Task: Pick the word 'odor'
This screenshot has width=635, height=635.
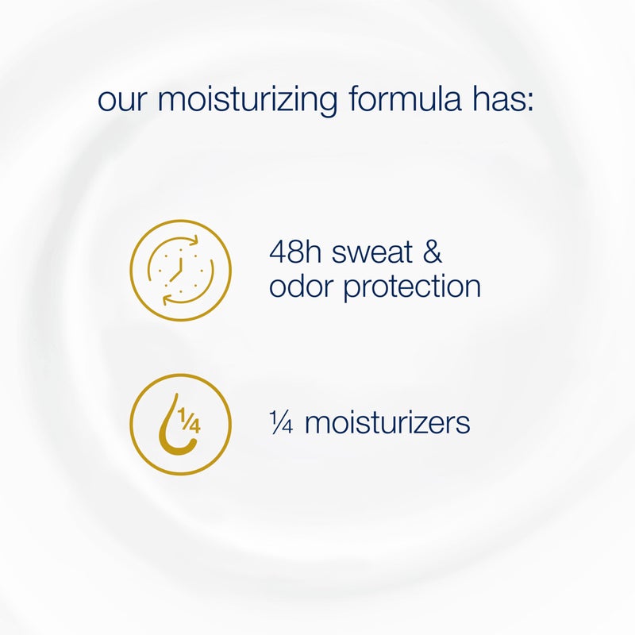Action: point(302,286)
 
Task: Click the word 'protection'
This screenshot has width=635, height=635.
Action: point(413,287)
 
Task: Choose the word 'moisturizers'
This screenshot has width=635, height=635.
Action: point(387,422)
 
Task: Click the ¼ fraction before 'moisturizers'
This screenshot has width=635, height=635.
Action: point(281,422)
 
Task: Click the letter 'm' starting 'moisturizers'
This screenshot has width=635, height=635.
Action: point(317,424)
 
